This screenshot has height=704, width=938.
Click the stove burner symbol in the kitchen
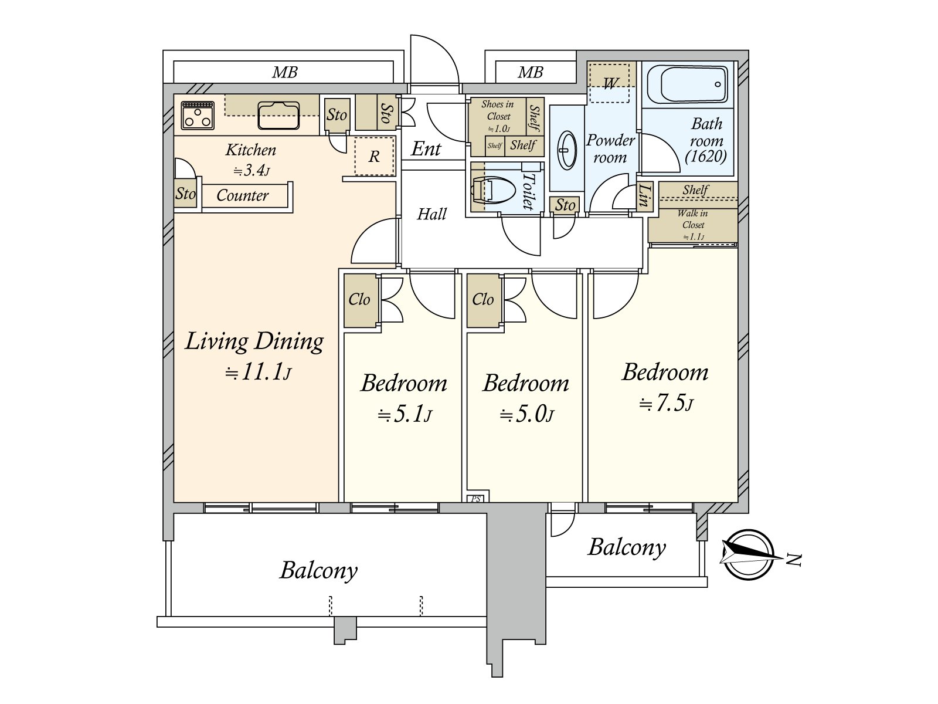pos(198,115)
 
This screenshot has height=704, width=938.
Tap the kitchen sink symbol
pos(278,115)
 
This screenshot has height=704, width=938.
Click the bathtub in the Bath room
pos(694,84)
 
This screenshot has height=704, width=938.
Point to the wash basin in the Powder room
pos(567,150)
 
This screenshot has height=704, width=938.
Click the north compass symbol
pos(747,554)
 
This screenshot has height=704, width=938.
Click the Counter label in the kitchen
pos(242,195)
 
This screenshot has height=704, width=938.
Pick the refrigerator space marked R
pos(374,157)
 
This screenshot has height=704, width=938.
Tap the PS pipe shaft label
pos(476,499)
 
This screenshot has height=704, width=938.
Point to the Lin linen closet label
pos(644,195)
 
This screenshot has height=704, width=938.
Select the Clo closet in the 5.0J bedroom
pos(483,300)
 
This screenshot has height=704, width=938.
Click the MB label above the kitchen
pos(285,73)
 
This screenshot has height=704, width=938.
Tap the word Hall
pos(432,214)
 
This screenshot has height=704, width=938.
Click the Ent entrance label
pos(426,149)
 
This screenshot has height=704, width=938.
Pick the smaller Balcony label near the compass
pos(627,547)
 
